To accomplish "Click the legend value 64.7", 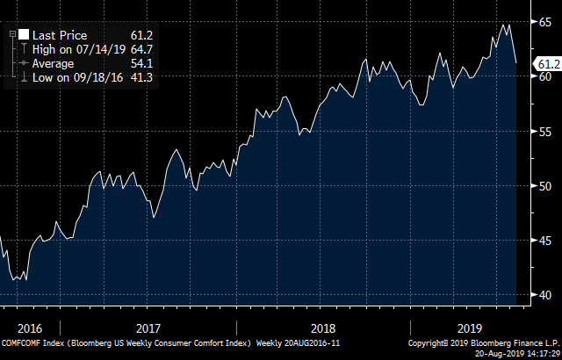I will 142,50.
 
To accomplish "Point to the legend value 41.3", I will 142,78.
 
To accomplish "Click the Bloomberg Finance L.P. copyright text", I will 482,341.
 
